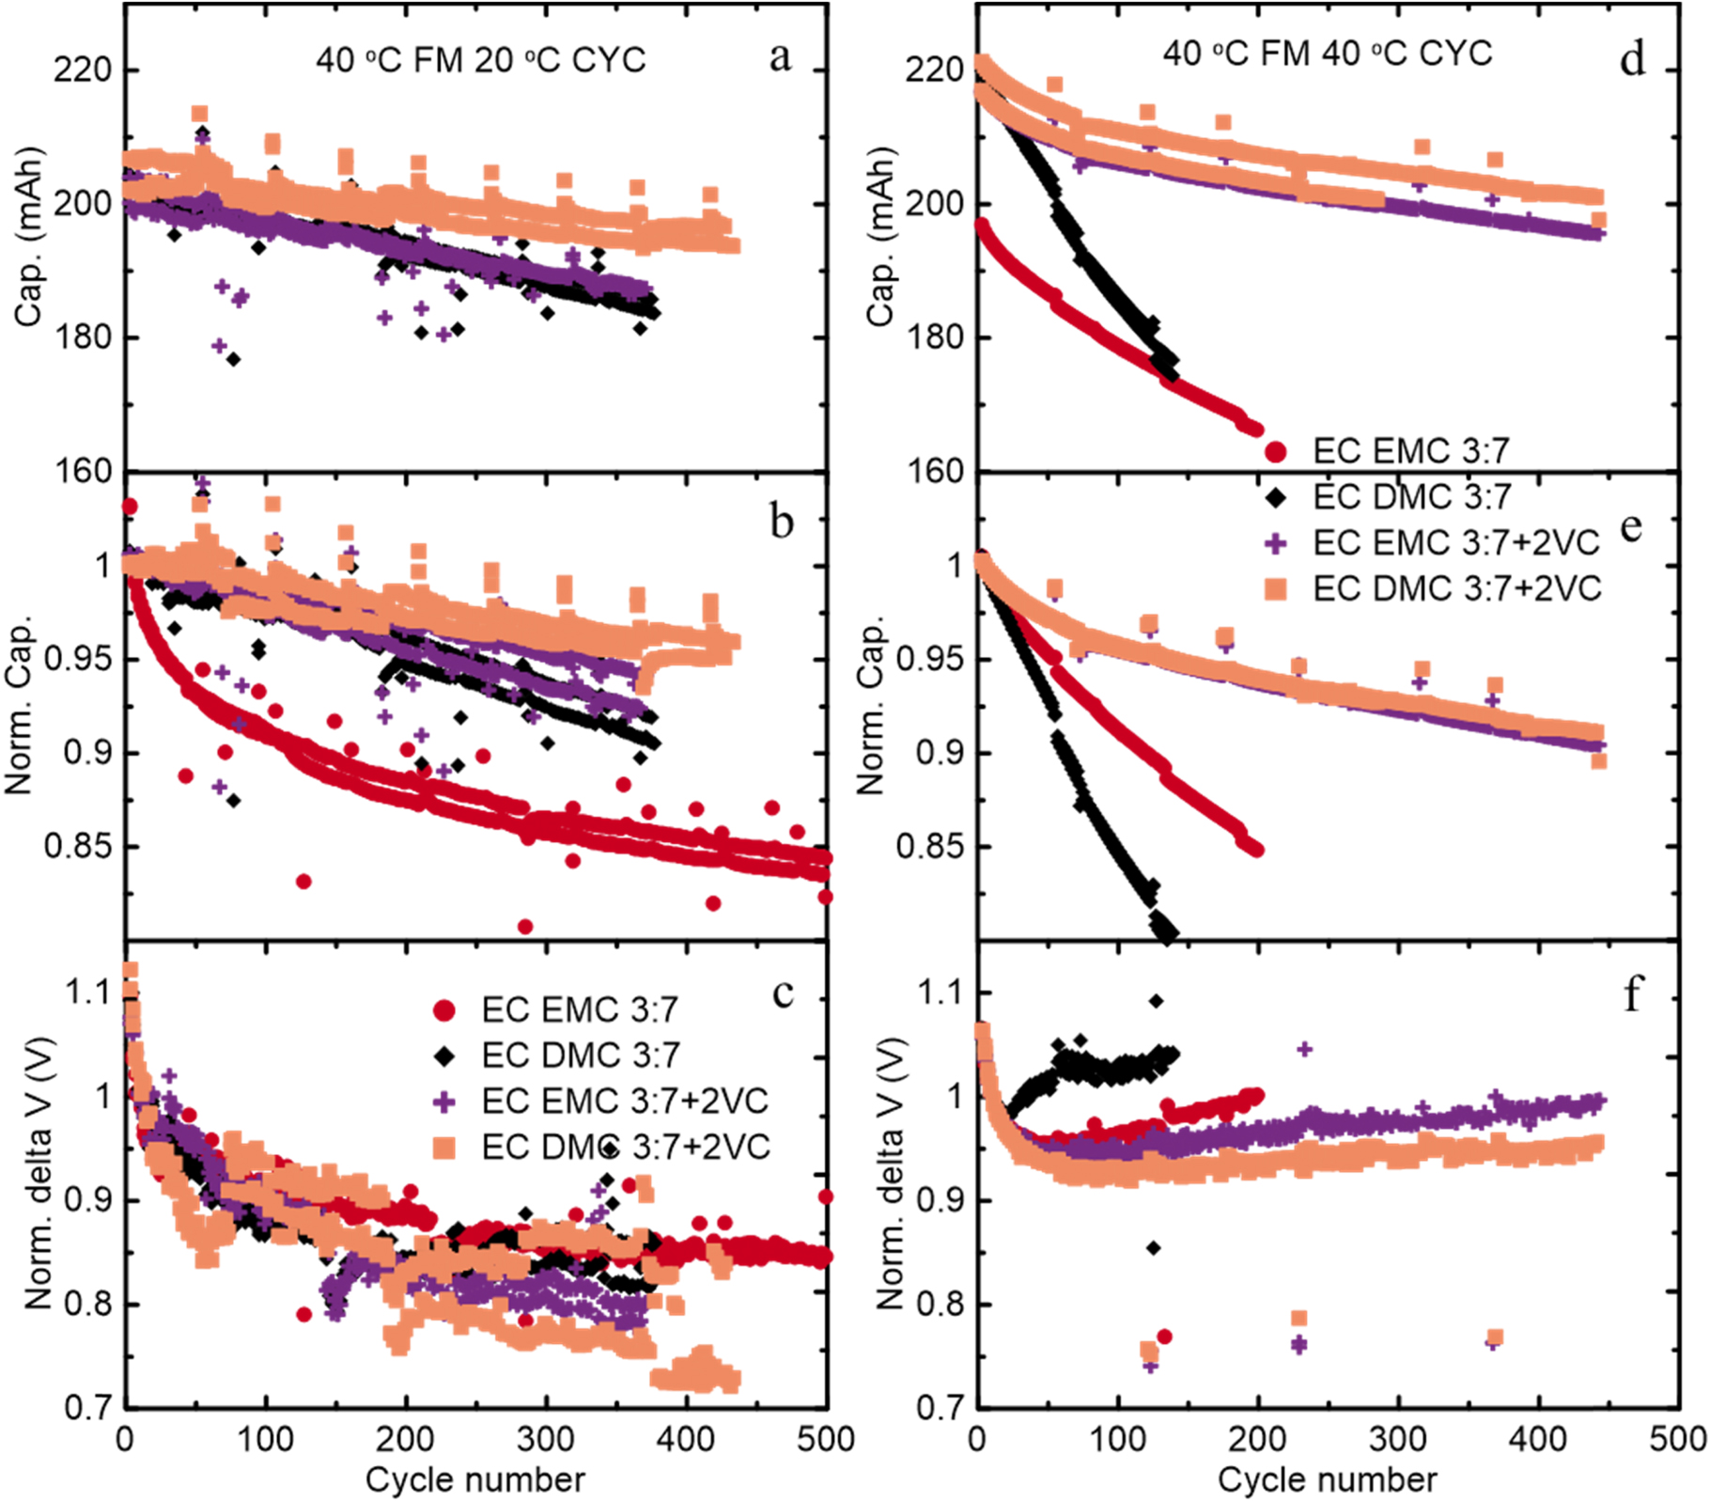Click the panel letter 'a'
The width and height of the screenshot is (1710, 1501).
click(x=779, y=58)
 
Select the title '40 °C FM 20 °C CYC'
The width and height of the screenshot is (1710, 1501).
click(x=481, y=60)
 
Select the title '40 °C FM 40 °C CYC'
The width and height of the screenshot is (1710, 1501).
click(x=1328, y=53)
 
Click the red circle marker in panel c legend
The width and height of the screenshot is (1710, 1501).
click(x=444, y=1010)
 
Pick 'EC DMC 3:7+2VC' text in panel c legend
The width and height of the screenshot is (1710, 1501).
click(x=625, y=1147)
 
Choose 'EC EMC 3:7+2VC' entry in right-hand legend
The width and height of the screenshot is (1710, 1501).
click(x=1455, y=542)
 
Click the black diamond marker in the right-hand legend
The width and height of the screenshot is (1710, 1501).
click(x=1275, y=497)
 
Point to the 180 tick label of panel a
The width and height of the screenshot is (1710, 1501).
click(x=83, y=336)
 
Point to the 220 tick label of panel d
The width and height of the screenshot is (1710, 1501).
click(x=934, y=70)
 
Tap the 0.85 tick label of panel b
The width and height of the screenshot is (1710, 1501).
click(x=77, y=846)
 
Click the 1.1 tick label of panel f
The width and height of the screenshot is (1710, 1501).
click(x=940, y=993)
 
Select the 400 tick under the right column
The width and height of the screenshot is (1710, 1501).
click(x=1538, y=1439)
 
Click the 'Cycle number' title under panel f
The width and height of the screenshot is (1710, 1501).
click(x=1327, y=1479)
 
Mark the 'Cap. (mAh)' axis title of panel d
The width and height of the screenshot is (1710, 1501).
click(x=880, y=237)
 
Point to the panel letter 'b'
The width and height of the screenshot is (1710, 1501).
click(x=781, y=523)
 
